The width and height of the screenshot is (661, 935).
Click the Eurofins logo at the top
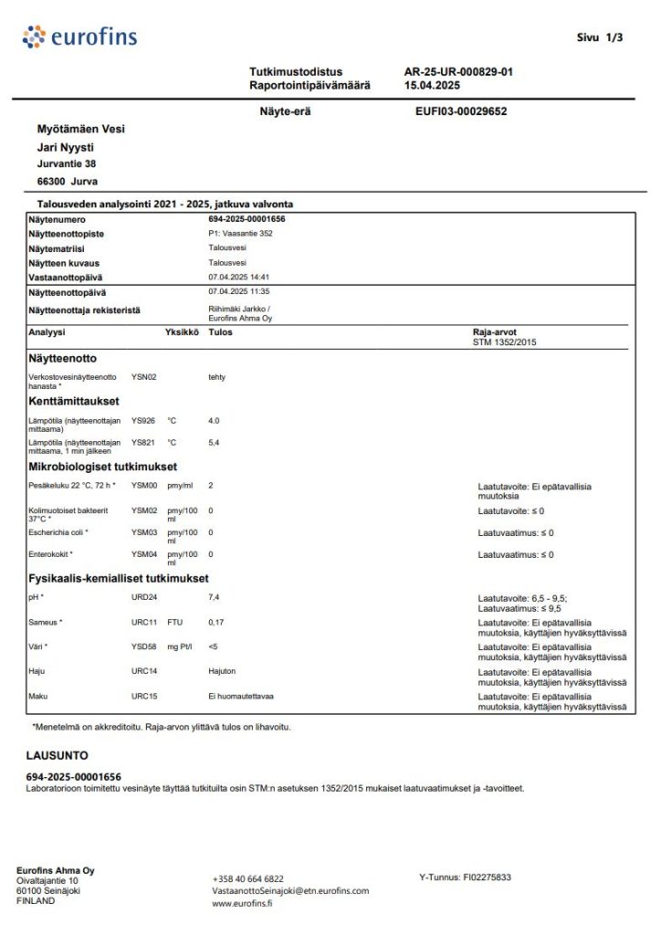[x=79, y=37]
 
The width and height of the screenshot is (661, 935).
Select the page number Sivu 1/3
[x=600, y=37]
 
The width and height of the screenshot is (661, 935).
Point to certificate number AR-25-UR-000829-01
[x=458, y=71]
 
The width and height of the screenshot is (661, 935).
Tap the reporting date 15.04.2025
[x=432, y=85]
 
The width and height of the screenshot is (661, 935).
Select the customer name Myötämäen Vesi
[x=80, y=129]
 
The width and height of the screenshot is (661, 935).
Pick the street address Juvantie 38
[x=66, y=164]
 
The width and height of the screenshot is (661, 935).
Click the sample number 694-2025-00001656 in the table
[x=253, y=219]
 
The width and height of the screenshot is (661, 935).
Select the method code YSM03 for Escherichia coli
[x=144, y=532]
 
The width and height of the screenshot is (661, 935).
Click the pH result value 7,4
[x=215, y=597]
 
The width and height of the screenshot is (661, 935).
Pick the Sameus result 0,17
[x=217, y=623]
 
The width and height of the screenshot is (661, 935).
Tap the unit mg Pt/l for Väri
[x=181, y=647]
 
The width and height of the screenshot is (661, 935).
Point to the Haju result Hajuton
[x=223, y=671]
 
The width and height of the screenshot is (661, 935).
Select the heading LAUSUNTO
[x=57, y=756]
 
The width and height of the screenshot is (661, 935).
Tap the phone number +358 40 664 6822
[x=247, y=878]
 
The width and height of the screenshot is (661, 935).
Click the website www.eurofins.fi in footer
[x=242, y=903]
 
